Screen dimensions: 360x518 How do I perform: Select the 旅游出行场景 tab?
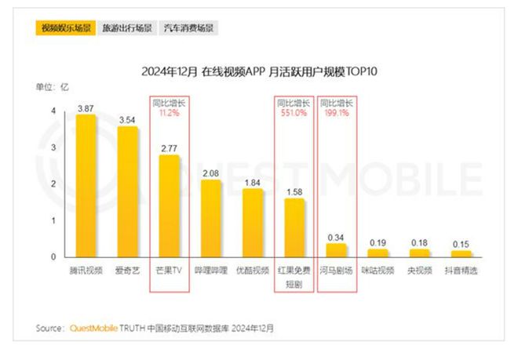[x=127, y=28]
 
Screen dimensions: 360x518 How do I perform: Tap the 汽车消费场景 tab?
[x=189, y=28]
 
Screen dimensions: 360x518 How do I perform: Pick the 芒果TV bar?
[x=169, y=205]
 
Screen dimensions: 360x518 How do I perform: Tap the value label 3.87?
[x=86, y=107]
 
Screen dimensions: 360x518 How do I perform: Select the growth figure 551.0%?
[x=294, y=112]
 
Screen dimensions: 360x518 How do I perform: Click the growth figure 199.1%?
[x=337, y=112]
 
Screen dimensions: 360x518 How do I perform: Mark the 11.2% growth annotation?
[x=169, y=112]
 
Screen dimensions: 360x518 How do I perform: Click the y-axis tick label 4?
[x=53, y=111]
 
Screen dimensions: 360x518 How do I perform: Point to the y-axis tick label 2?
[x=53, y=184]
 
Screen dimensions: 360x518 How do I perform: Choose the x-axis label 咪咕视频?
[x=378, y=271]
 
